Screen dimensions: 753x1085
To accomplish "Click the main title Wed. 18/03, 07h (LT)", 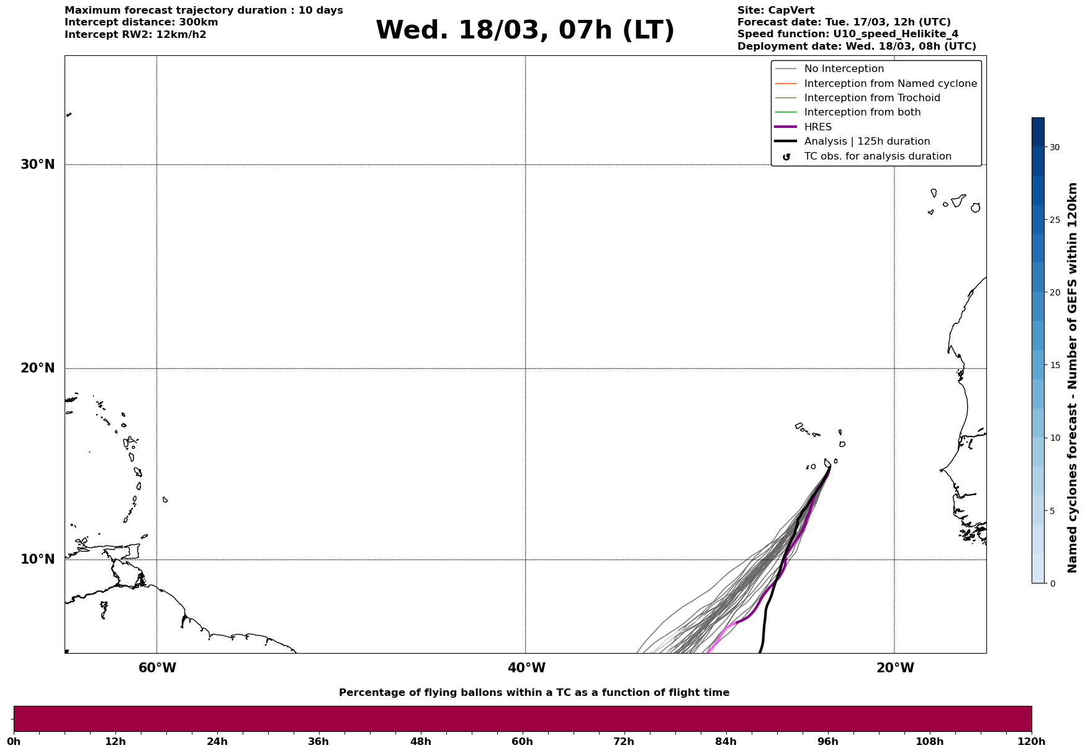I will coord(524,30).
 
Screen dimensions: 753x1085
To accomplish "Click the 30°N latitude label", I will coord(37,165).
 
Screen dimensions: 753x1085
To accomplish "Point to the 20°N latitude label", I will coord(37,368).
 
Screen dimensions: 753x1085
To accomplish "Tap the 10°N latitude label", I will coord(37,559).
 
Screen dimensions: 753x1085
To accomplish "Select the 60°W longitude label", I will coord(157,668).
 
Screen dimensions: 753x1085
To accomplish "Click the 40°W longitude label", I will coord(526,668).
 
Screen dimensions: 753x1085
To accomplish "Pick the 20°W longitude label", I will coord(894,668).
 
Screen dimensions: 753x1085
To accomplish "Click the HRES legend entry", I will coord(817,127).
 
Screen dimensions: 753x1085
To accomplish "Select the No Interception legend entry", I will coord(844,69).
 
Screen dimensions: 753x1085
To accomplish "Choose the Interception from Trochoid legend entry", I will coord(871,98).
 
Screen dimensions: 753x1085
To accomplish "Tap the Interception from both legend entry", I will coord(862,112).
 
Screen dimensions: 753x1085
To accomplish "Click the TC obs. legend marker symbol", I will coord(786,157).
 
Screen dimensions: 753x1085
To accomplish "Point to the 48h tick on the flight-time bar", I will coord(420,741).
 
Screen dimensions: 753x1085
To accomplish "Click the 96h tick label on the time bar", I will coord(827,741).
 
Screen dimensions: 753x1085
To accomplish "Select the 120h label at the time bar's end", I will coord(1031,741).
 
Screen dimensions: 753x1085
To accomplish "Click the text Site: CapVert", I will coord(775,11).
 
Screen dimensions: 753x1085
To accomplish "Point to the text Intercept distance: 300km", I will coord(141,22).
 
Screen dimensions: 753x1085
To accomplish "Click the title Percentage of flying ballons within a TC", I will coord(534,693).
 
